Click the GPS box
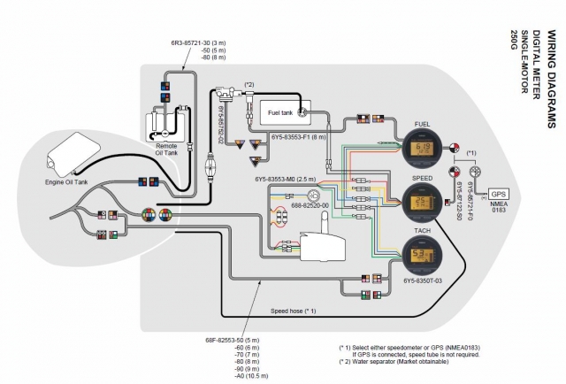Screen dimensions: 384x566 pyautogui.click(x=500, y=193)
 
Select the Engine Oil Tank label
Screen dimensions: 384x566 pyautogui.click(x=68, y=182)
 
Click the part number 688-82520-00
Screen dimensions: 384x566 pyautogui.click(x=310, y=205)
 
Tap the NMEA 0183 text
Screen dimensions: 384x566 pyautogui.click(x=500, y=210)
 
